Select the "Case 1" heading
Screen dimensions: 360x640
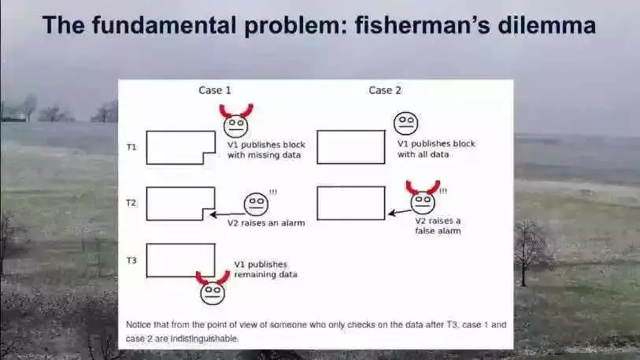coord(215,91)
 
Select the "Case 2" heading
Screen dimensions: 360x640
coord(385,91)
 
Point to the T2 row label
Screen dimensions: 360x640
coord(131,202)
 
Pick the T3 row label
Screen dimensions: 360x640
coord(131,259)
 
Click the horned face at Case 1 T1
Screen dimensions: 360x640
coord(235,124)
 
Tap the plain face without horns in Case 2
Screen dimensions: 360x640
coord(406,123)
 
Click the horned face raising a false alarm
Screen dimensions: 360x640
coord(423,202)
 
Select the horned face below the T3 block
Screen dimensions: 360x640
coord(213,291)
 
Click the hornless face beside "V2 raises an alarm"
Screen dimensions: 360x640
coord(256,204)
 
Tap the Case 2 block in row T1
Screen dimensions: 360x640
coord(351,147)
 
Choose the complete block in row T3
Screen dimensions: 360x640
coord(180,260)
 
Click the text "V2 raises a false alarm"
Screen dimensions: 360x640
coord(438,226)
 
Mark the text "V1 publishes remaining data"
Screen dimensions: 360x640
coord(265,269)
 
